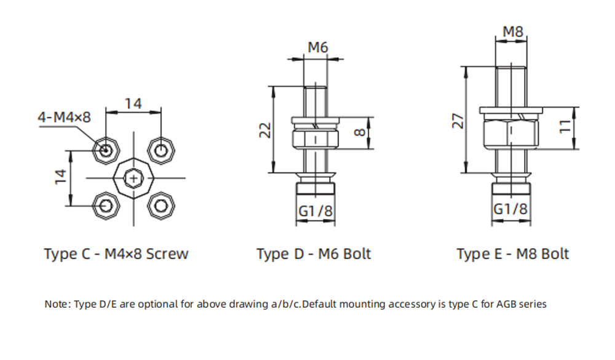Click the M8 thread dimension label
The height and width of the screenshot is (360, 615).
tap(512, 31)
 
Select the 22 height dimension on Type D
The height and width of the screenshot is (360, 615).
tap(264, 130)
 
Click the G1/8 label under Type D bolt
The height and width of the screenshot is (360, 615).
tap(315, 211)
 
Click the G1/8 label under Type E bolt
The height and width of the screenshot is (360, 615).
tap(510, 209)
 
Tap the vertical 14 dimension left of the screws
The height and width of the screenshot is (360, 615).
tap(60, 177)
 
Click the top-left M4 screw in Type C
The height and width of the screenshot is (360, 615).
tap(106, 150)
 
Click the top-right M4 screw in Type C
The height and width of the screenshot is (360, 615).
tap(161, 150)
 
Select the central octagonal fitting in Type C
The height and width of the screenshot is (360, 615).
tap(133, 177)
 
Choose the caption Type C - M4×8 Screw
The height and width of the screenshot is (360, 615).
tap(116, 254)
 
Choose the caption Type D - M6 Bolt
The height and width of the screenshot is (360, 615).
tap(314, 254)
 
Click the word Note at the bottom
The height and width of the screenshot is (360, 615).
tap(57, 304)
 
